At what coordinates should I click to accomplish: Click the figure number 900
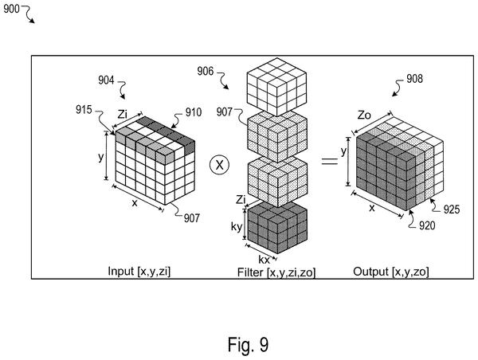point(11,9)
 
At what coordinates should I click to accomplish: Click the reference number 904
point(106,80)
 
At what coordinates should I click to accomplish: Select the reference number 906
point(206,71)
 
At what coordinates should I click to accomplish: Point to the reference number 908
point(414,79)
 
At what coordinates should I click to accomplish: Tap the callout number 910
point(194,112)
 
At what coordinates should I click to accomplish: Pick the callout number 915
point(84,109)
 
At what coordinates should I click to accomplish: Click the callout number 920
point(427,225)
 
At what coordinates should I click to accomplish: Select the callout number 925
point(452,209)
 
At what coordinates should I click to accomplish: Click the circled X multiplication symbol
point(220,165)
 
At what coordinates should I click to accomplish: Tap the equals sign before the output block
point(330,161)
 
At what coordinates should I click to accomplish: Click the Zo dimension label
point(364,115)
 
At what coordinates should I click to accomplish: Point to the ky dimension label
point(237,226)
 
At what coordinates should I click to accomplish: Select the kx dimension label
point(264,260)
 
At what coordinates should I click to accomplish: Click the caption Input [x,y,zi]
point(139,271)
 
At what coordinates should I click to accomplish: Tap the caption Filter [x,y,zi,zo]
point(276,272)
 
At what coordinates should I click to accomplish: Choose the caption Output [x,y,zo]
point(391,272)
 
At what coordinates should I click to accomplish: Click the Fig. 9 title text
point(248,344)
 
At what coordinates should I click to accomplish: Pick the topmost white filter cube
point(276,87)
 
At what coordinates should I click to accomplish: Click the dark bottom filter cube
point(277,228)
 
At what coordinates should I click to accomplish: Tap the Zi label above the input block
point(122,115)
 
